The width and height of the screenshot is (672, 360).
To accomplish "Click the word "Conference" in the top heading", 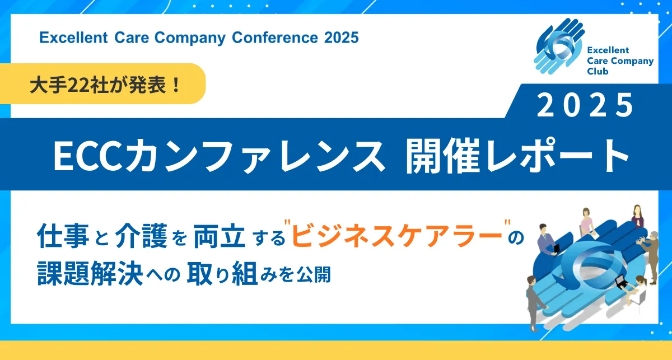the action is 274,38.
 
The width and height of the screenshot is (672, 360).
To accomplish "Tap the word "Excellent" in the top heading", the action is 73,38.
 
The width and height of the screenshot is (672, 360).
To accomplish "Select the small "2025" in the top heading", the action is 341,38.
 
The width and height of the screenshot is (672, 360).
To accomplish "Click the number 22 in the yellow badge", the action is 78,86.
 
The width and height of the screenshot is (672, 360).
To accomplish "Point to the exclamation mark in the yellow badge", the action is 176,85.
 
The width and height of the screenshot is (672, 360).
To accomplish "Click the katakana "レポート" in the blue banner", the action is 557,156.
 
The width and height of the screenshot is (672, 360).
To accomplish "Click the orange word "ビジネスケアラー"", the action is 397,236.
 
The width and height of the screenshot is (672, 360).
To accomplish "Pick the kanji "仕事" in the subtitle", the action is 63,236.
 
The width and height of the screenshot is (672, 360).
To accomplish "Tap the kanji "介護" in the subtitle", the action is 141,236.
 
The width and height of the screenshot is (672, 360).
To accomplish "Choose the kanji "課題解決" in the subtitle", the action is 90,274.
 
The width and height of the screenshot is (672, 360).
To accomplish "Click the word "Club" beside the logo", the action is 598,72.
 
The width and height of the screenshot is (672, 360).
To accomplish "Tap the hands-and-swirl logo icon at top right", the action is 559,46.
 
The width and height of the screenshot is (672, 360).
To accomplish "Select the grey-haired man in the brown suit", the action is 651,258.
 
